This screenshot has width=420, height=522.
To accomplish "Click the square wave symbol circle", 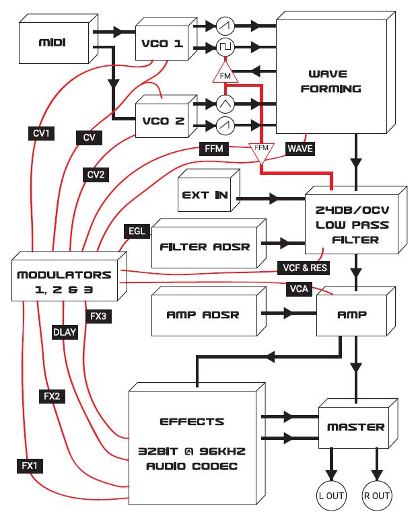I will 225,47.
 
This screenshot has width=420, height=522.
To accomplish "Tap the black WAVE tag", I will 300,148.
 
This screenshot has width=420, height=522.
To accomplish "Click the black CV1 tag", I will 41,133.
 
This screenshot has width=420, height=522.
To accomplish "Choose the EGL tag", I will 135,231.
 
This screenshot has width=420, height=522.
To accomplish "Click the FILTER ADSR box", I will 203,246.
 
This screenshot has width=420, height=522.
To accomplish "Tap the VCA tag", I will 297,288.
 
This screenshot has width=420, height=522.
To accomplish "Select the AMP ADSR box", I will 203,314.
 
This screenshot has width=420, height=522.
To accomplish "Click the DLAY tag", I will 65,330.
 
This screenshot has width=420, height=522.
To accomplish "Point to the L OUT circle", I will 330,496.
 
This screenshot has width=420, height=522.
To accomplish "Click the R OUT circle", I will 376,496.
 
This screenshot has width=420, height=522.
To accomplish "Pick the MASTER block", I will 355,426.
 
